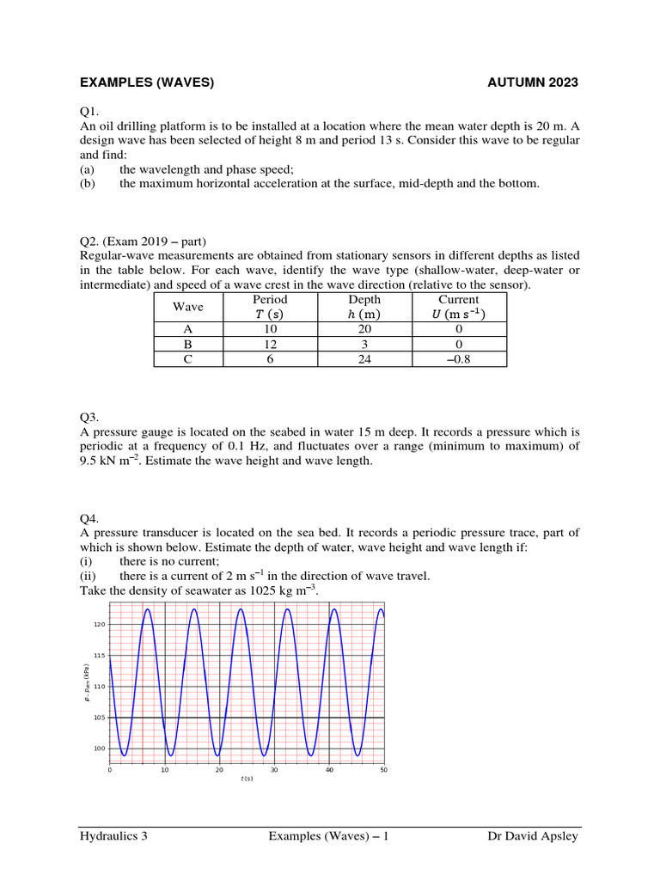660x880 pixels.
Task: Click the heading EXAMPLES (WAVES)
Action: coord(146,82)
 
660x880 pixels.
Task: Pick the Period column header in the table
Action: coord(270,299)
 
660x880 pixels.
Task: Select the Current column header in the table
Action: coord(458,299)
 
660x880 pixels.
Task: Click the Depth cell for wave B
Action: coord(364,344)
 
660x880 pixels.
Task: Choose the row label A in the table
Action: coord(187,328)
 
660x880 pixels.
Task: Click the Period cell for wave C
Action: coord(270,359)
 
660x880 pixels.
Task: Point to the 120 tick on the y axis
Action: coord(99,625)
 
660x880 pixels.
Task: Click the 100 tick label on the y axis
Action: coord(99,749)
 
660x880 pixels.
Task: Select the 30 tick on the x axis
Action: coord(274,770)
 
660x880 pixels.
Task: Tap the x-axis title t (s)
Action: coord(247,779)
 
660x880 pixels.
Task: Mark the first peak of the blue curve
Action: coord(148,609)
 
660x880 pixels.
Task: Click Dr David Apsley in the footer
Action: coord(533,836)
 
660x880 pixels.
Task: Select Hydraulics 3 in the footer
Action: coord(113,836)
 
